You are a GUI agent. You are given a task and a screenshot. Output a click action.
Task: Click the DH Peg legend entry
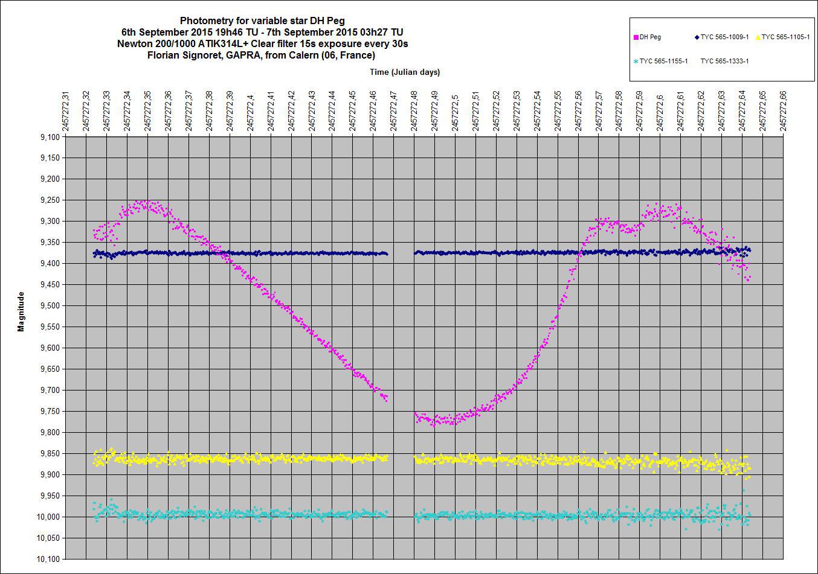coord(650,37)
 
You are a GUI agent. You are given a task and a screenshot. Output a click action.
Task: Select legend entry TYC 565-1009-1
coord(724,37)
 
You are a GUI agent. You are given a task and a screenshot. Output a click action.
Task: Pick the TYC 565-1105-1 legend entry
coord(785,37)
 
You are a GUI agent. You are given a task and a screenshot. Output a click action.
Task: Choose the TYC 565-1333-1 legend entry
coord(724,61)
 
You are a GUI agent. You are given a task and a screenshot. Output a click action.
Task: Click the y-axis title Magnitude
coord(21,311)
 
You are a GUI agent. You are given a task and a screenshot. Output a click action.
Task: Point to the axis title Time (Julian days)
coord(405,72)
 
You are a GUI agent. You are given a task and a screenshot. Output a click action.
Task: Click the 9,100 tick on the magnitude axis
coord(50,137)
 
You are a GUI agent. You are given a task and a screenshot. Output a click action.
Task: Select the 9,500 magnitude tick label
coord(50,306)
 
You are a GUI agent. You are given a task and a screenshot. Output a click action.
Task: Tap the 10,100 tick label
coord(48,559)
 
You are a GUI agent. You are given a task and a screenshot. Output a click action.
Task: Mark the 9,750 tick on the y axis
coord(50,412)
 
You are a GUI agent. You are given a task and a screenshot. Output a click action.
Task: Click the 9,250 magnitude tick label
coord(50,200)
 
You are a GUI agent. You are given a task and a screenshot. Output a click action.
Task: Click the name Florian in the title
coord(167,56)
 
